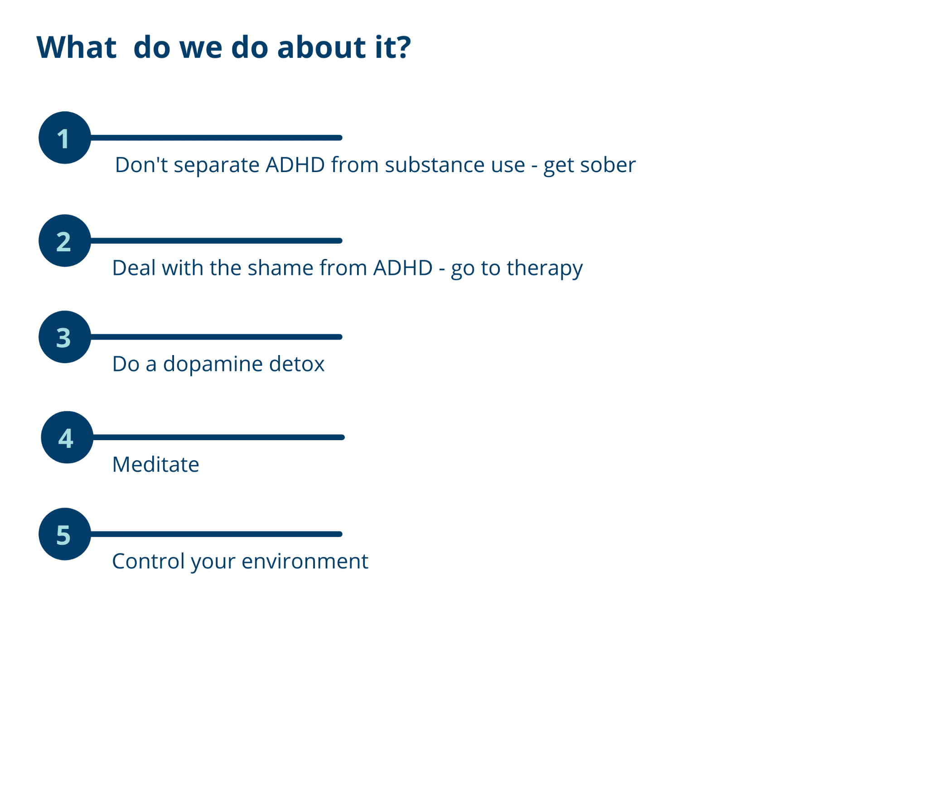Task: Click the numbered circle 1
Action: pos(65,138)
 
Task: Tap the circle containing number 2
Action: pos(65,240)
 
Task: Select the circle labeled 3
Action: pos(65,337)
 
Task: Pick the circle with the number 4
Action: pos(67,437)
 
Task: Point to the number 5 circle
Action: pos(65,534)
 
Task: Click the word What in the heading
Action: pos(77,47)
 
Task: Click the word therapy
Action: pos(545,269)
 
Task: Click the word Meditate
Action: pos(155,465)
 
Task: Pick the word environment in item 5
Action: pos(305,561)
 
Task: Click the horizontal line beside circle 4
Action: pos(219,437)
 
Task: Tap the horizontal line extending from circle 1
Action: pos(216,138)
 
